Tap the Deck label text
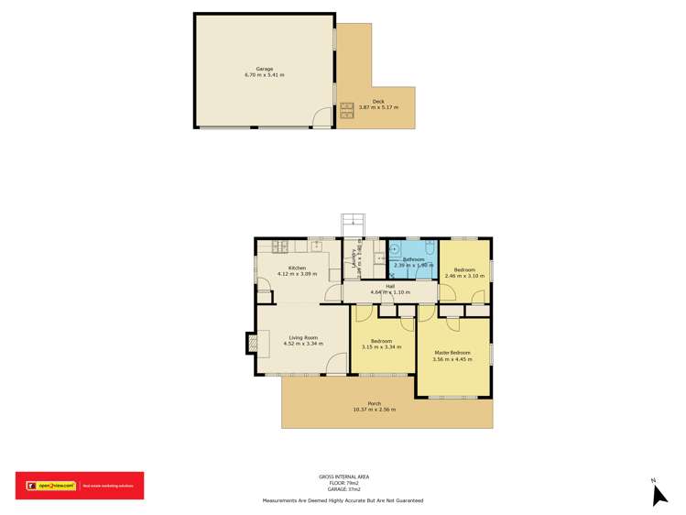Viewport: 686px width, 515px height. (377, 102)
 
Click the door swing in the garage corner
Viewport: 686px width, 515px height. (321, 117)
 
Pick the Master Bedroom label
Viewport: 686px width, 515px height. (452, 353)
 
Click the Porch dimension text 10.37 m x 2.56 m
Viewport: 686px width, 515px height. (374, 410)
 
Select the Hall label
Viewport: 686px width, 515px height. (389, 287)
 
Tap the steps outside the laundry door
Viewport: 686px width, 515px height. (354, 225)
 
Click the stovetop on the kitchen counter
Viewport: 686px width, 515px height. (279, 246)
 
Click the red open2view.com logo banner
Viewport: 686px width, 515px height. (79, 486)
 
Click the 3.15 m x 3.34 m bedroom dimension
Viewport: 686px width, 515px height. (382, 347)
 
